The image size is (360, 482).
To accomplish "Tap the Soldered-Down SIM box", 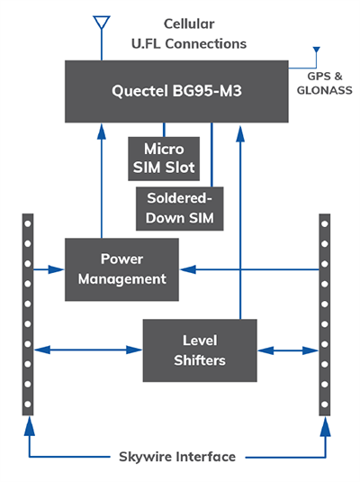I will (x=180, y=207).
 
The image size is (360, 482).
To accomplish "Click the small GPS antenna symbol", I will (x=314, y=51).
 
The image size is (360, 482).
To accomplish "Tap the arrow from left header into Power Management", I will (x=49, y=268).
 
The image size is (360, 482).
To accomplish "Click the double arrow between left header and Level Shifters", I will (x=90, y=348).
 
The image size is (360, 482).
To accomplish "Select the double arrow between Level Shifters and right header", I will (x=285, y=348).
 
